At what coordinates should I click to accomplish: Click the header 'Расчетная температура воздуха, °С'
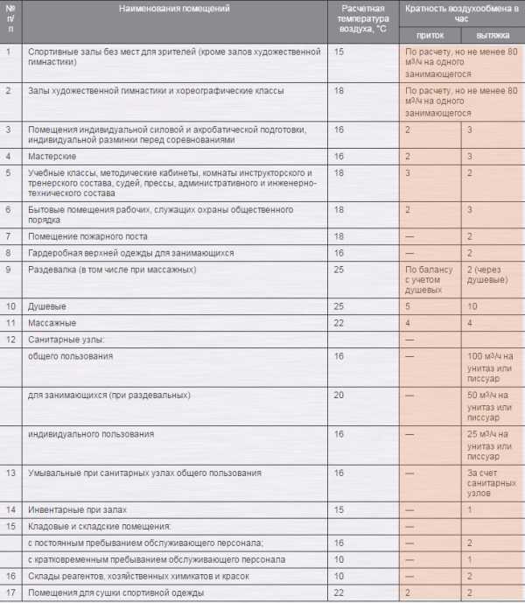(x=362, y=18)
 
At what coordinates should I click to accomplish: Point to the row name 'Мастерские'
(x=51, y=156)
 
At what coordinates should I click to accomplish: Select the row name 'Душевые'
(x=47, y=307)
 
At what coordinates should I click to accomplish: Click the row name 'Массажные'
(x=52, y=323)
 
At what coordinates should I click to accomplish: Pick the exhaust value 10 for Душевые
(x=473, y=307)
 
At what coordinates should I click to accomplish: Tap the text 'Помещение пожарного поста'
(x=87, y=236)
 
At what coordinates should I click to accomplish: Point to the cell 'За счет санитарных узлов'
(x=492, y=483)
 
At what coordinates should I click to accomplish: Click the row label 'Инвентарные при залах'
(x=77, y=509)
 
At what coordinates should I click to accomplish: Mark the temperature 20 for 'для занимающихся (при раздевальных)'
(x=339, y=396)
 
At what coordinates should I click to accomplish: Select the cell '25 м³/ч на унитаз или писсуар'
(x=491, y=445)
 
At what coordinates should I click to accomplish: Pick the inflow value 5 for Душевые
(x=408, y=307)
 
